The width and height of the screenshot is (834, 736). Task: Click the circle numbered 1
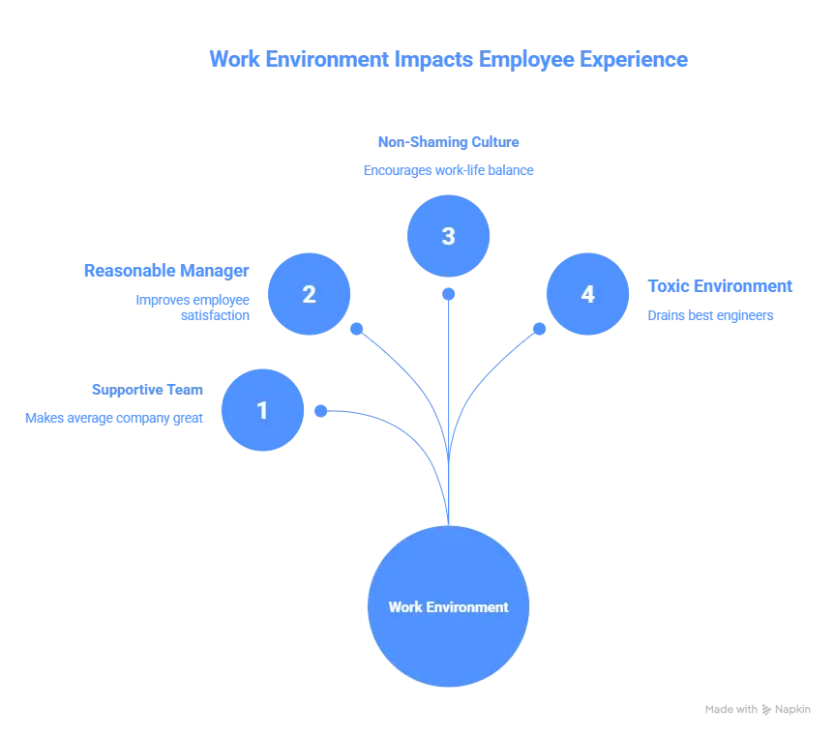[262, 410]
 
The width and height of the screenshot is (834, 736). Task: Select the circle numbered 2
[309, 293]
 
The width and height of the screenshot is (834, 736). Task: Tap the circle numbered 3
[448, 236]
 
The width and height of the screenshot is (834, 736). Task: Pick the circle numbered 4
[587, 293]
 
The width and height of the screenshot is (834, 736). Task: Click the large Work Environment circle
[448, 606]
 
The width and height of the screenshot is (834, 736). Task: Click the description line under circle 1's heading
[115, 419]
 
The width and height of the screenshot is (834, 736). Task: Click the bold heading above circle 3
[448, 142]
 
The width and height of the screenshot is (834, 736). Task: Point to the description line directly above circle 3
[448, 171]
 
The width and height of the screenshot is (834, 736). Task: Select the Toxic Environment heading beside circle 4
[720, 286]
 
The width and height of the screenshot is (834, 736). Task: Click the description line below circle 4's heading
[709, 316]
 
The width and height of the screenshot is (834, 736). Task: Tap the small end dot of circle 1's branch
[321, 411]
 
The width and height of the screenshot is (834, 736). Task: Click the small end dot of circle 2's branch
[356, 329]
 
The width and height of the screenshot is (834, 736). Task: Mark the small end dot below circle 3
[448, 291]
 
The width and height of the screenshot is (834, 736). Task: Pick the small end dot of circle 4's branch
[540, 329]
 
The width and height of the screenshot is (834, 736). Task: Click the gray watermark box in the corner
[758, 712]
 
